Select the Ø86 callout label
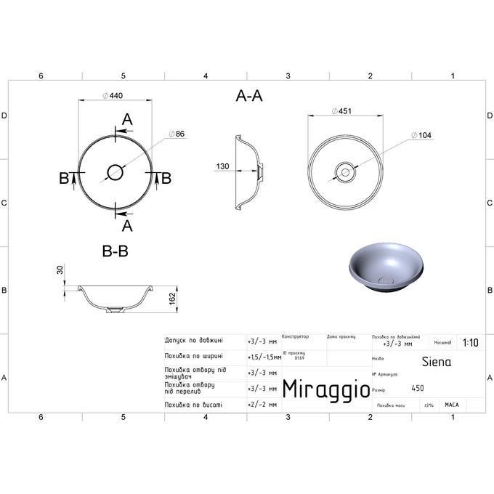click(x=177, y=134)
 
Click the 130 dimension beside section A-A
click(x=222, y=167)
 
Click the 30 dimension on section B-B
click(x=61, y=271)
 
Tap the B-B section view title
click(x=116, y=251)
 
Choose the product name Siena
click(x=436, y=361)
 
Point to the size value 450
click(x=418, y=389)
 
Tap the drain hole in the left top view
click(x=115, y=172)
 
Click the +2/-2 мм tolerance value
click(x=262, y=405)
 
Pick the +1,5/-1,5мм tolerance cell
click(x=264, y=357)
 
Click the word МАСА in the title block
click(x=451, y=405)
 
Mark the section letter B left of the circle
click(x=64, y=178)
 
